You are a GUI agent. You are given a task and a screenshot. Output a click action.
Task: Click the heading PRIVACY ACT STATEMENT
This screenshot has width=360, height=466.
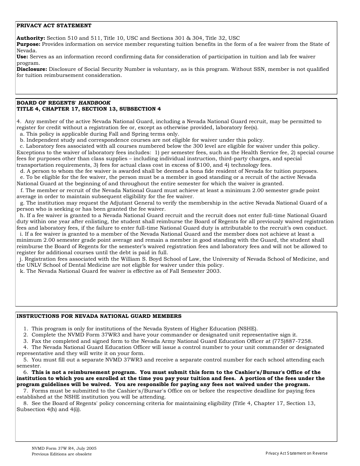point(54,26)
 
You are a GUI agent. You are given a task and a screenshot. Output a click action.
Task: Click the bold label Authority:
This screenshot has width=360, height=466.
point(31,38)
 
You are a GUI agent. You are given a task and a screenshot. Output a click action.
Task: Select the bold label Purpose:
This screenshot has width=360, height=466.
point(29,44)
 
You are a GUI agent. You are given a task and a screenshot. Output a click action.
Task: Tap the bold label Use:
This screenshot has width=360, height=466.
point(22,57)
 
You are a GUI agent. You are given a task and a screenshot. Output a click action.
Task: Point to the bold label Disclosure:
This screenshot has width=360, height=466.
point(32,69)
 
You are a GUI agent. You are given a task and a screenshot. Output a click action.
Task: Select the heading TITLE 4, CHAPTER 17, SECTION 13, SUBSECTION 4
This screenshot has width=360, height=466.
point(89,109)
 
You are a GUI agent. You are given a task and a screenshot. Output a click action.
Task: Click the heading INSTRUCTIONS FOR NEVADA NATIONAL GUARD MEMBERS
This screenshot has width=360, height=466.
point(99,316)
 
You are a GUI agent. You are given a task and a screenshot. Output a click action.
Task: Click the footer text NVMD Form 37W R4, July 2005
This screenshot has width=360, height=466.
point(64,448)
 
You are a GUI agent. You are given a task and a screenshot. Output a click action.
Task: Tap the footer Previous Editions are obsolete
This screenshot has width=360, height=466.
point(61,454)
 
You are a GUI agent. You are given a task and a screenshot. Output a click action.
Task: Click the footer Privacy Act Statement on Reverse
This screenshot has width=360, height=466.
point(296,453)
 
